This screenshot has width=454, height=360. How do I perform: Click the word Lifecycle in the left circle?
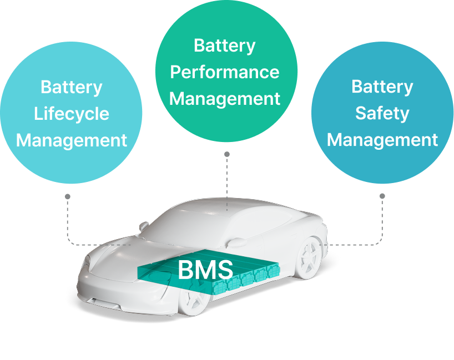(72, 114)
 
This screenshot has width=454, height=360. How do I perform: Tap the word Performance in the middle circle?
(225, 73)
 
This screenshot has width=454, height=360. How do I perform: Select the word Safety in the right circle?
(382, 114)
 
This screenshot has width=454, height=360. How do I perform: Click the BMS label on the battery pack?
(205, 270)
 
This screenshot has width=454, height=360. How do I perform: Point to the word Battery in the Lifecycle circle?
(72, 88)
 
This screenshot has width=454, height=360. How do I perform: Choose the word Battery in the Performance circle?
(225, 46)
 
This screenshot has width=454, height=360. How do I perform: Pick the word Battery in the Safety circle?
(382, 87)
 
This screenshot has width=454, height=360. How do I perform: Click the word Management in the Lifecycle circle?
(72, 140)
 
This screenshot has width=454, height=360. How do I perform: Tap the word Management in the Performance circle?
(225, 99)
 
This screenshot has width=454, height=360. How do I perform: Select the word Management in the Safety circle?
(382, 140)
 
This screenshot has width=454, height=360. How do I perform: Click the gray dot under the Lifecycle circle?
(67, 196)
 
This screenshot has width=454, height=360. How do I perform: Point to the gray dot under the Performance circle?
(226, 154)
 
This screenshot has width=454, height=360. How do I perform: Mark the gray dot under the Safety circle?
(382, 196)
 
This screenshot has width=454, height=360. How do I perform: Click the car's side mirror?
(144, 226)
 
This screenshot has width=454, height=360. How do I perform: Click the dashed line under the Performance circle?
(226, 183)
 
